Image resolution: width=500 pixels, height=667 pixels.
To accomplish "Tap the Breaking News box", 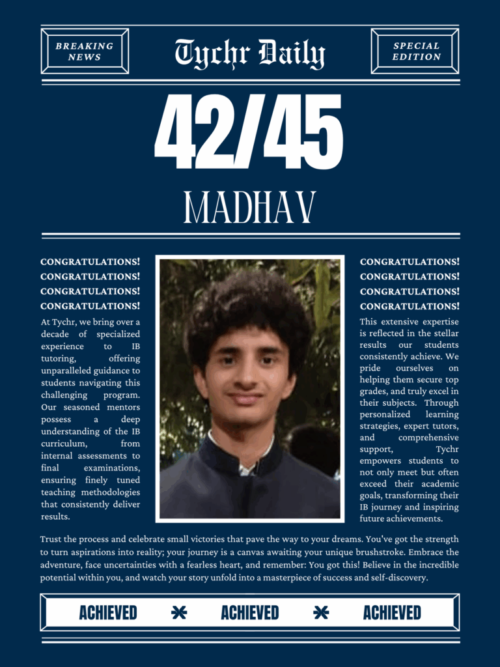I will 85,51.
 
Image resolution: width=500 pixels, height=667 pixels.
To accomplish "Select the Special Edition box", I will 416,51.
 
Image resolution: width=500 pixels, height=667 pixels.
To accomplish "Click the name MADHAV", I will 250,207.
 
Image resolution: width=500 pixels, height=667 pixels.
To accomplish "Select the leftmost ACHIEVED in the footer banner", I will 108,613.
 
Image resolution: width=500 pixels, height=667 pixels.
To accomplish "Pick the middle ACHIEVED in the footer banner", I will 250,613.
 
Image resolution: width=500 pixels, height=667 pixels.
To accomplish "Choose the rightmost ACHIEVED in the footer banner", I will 392,613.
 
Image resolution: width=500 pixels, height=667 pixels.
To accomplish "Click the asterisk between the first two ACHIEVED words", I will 179,613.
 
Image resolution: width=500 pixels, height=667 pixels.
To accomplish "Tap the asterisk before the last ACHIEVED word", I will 321,613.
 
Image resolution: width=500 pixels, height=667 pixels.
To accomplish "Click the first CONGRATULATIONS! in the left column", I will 90,262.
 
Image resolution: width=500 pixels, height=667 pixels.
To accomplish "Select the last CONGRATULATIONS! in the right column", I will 410,306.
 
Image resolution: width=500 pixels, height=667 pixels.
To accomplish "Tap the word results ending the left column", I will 55,517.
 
